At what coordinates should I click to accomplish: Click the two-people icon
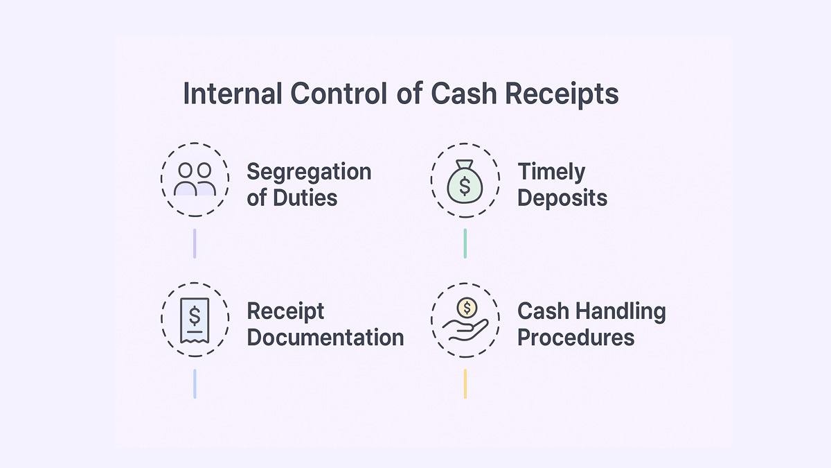pyautogui.click(x=195, y=179)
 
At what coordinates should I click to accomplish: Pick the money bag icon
pyautogui.click(x=465, y=180)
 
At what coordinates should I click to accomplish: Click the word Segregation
pyautogui.click(x=309, y=173)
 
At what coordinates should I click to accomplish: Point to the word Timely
pyautogui.click(x=551, y=171)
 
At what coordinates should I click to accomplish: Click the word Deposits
pyautogui.click(x=562, y=198)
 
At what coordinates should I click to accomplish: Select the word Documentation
pyautogui.click(x=325, y=338)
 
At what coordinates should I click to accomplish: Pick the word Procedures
pyautogui.click(x=575, y=338)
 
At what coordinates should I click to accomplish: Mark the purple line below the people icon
pyautogui.click(x=195, y=243)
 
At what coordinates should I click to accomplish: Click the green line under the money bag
pyautogui.click(x=465, y=243)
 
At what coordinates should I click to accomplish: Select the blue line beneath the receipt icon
pyautogui.click(x=195, y=383)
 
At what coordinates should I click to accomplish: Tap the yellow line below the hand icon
pyautogui.click(x=465, y=383)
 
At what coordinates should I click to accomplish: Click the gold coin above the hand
pyautogui.click(x=468, y=307)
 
